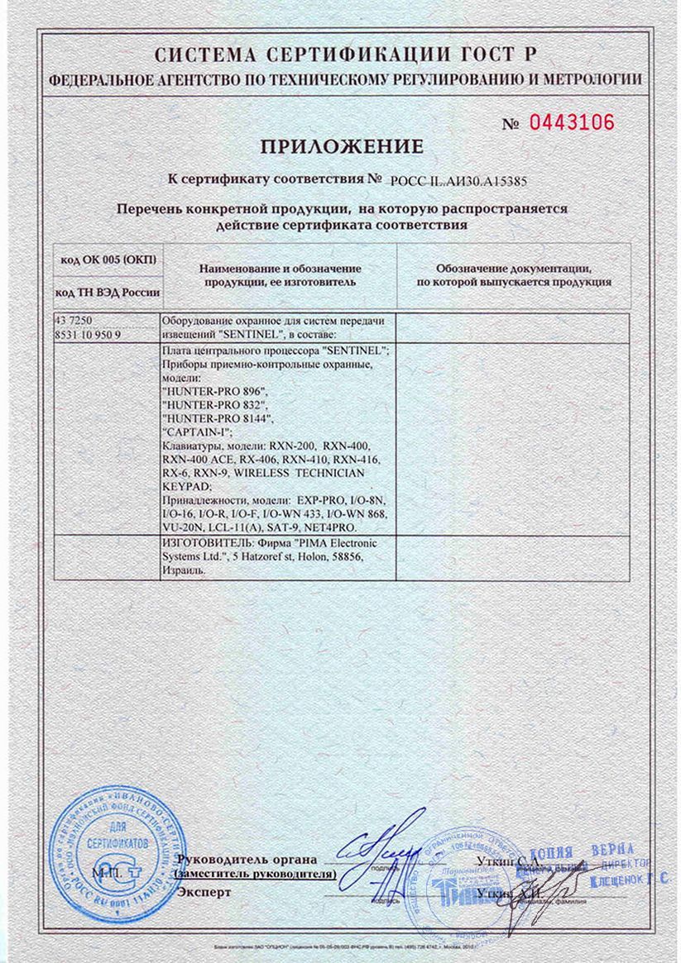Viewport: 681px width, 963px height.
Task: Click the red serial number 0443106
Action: point(571,122)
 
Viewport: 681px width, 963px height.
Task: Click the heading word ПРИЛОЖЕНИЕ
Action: point(342,147)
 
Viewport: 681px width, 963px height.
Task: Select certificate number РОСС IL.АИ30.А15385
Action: point(459,179)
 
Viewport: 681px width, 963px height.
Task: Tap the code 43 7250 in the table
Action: point(73,320)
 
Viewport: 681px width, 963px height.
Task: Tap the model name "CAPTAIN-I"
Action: point(194,431)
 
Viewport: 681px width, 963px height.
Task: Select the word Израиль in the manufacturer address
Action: point(180,570)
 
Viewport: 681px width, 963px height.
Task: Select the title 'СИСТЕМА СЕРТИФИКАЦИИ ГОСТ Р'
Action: point(346,56)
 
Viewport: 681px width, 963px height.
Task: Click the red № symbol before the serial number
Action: point(511,125)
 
